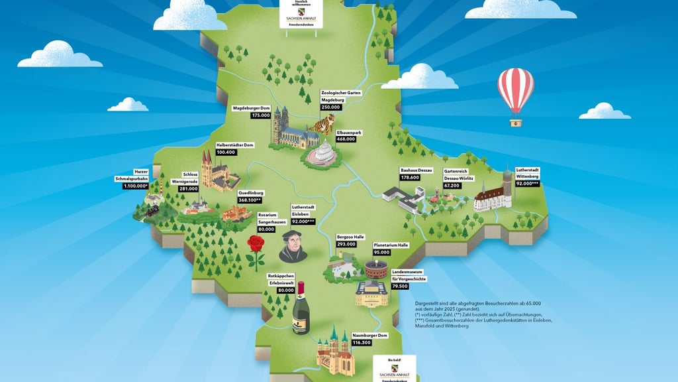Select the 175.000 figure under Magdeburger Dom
click(260, 115)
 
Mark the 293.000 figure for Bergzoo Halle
click(346, 244)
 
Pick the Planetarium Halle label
click(391, 245)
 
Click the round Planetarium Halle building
click(378, 269)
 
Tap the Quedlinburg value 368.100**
click(250, 200)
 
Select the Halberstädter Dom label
click(235, 145)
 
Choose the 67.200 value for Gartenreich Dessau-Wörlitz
click(452, 186)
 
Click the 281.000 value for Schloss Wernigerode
click(189, 189)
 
